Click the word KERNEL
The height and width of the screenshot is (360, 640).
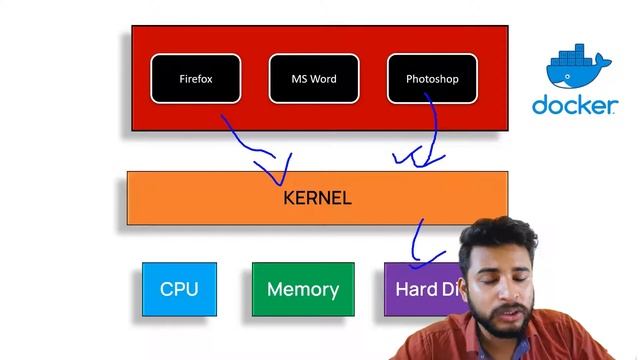pyautogui.click(x=317, y=198)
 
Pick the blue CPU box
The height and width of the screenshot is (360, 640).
pyautogui.click(x=179, y=289)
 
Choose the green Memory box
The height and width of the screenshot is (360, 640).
pyautogui.click(x=302, y=289)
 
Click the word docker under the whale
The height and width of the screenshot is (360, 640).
pyautogui.click(x=574, y=106)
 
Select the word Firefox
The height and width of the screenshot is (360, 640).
pyautogui.click(x=196, y=79)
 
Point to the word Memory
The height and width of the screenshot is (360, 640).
pyautogui.click(x=302, y=289)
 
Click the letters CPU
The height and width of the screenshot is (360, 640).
pyautogui.click(x=179, y=289)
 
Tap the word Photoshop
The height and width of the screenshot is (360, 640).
pyautogui.click(x=432, y=79)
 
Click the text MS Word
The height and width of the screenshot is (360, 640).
pyautogui.click(x=314, y=79)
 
